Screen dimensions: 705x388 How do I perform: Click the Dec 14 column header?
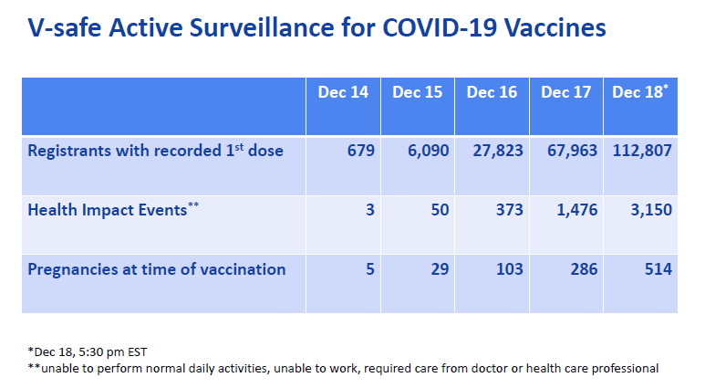[343, 92]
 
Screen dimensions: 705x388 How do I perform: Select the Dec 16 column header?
[492, 92]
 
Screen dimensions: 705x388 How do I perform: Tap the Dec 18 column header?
[640, 92]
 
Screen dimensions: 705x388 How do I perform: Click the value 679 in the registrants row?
[361, 151]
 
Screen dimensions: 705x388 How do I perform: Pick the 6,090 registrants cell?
[429, 151]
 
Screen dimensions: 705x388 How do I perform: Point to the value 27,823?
[498, 151]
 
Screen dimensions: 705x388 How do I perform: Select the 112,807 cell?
[642, 151]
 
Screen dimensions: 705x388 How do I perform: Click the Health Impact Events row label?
[113, 210]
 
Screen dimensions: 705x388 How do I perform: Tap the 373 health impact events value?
[510, 210]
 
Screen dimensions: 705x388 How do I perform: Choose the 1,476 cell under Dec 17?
[577, 210]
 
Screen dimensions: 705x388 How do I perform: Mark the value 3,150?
[651, 210]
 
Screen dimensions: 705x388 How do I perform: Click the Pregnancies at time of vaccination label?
[157, 269]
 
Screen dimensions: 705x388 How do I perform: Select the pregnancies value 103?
[510, 269]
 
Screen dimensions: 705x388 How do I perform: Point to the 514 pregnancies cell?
[658, 269]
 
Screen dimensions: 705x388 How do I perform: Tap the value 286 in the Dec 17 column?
[584, 269]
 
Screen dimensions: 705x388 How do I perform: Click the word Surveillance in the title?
[262, 27]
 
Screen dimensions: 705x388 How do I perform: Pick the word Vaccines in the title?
[555, 27]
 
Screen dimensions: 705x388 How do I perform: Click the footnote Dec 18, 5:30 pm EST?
[88, 351]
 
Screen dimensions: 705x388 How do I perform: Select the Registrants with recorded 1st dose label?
[156, 151]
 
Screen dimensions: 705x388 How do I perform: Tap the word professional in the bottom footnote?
[625, 369]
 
